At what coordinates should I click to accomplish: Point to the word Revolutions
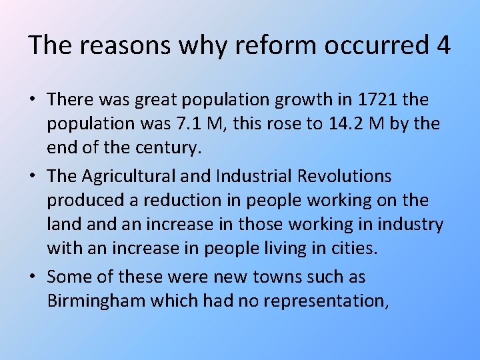[x=347, y=177]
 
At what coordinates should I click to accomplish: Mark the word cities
[x=353, y=249]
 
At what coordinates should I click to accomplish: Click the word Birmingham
[x=96, y=301]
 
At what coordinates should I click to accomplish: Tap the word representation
[x=327, y=301]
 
